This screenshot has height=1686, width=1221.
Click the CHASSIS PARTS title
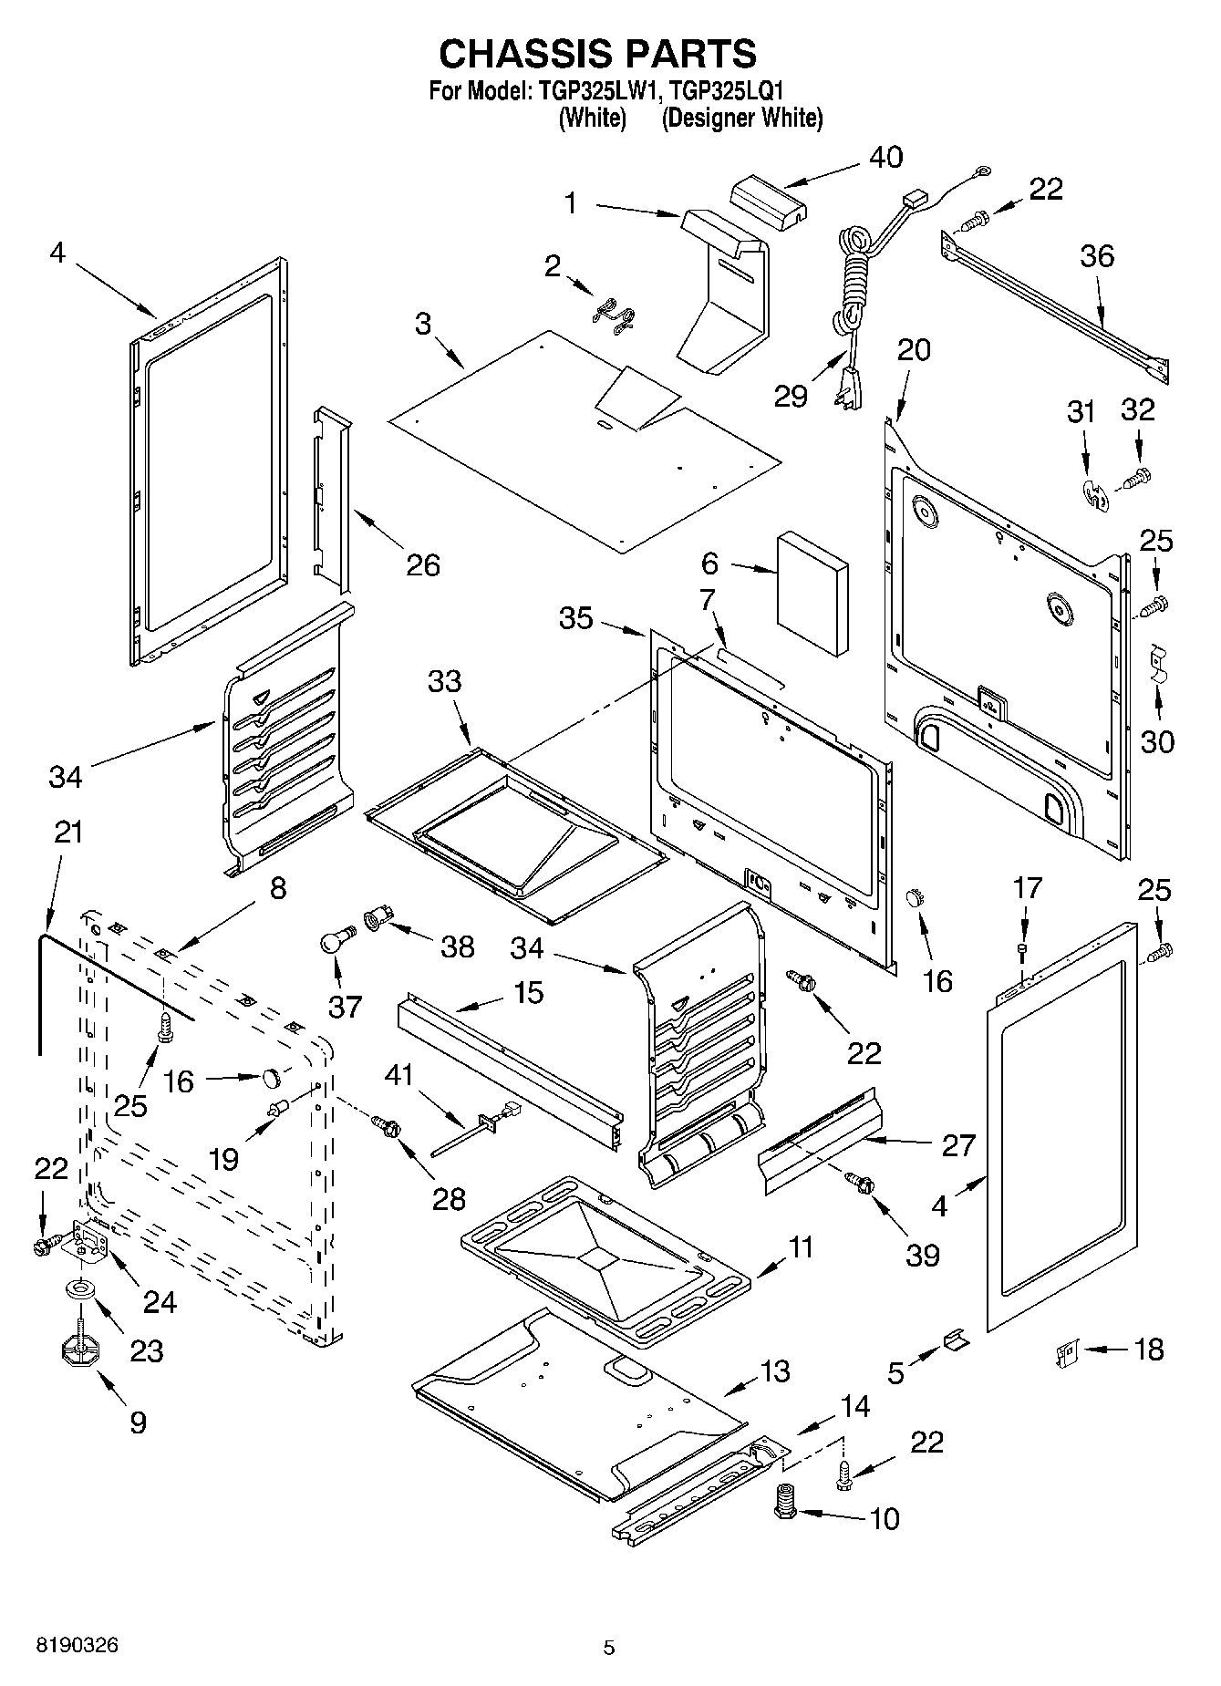[x=597, y=55]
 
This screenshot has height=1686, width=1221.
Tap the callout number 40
[x=885, y=157]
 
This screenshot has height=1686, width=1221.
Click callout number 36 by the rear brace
[x=1097, y=256]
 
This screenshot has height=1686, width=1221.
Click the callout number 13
[x=774, y=1371]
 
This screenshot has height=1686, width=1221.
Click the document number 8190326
[x=77, y=1646]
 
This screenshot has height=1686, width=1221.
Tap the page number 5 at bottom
[x=609, y=1648]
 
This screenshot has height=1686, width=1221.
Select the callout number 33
[x=445, y=681]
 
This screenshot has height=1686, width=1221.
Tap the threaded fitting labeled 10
[x=784, y=1500]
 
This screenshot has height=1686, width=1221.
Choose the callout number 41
[x=398, y=1075]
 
